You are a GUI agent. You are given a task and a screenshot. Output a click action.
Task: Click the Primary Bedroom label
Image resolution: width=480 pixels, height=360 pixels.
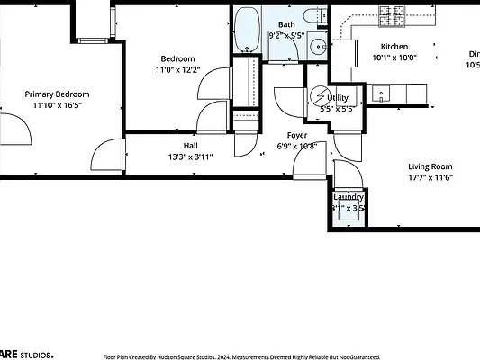pos(57,94)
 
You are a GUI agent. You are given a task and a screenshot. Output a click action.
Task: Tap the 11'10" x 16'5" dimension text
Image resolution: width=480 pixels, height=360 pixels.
pos(57,105)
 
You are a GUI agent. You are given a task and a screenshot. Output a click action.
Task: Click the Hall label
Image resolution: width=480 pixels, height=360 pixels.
pos(191,144)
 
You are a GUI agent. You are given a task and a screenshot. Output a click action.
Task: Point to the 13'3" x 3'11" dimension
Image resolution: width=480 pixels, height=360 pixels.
pos(191,156)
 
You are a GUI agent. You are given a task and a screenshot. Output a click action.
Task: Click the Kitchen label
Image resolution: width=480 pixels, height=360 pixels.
pos(394,47)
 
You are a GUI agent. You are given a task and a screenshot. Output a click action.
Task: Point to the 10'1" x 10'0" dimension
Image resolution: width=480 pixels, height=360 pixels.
pos(394,58)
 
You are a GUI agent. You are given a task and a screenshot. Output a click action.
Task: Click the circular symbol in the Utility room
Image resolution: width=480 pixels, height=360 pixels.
pos(320,96)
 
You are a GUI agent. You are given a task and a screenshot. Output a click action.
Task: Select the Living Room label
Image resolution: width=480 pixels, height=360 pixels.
pos(430,166)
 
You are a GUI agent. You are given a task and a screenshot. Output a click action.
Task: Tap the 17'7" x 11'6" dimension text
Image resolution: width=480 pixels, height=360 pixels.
pos(430,177)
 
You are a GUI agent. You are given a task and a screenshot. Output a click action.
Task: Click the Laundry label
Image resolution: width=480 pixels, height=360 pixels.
pos(349,197)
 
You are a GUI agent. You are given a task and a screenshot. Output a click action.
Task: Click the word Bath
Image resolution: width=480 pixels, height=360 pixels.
pos(286,24)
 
